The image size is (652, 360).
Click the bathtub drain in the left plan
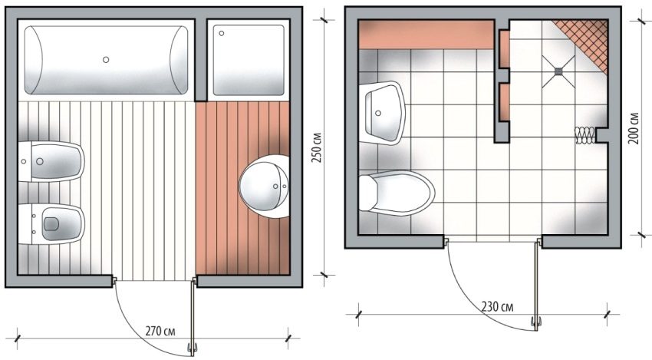pyautogui.click(x=106, y=58)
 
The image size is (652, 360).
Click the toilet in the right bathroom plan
pyautogui.click(x=394, y=193)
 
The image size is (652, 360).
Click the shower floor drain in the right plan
pyautogui.click(x=559, y=69)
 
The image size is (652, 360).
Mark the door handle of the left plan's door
pyautogui.click(x=193, y=349)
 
